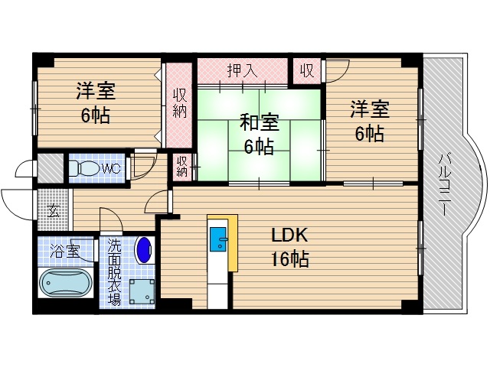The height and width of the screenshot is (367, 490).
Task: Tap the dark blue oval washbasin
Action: click(143, 248)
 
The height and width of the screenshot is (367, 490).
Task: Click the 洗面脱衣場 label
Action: click(113, 272)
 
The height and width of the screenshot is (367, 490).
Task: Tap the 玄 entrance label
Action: click(54, 210)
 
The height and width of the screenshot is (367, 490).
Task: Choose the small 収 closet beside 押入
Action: click(306, 70)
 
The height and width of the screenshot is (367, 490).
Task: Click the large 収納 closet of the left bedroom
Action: click(179, 102)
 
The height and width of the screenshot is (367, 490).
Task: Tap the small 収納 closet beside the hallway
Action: click(181, 166)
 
